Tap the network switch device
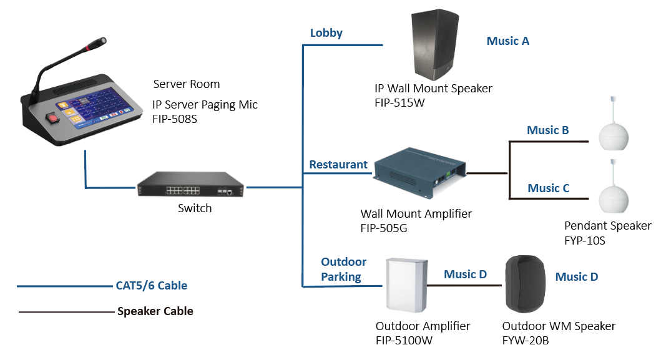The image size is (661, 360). point(190,187)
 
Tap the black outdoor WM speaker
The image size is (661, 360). point(525,284)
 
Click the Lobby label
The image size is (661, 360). point(326,33)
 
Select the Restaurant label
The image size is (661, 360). point(338,165)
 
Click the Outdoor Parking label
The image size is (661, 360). point(343,270)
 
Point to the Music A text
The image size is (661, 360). point(507,41)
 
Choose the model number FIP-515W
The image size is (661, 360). point(399,102)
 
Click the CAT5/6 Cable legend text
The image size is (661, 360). point(151,286)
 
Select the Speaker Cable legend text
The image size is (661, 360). point(155,311)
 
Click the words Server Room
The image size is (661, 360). point(186,84)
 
